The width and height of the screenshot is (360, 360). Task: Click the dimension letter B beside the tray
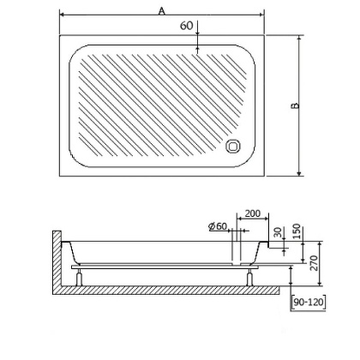294,105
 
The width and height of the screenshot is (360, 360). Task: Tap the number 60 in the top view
186,26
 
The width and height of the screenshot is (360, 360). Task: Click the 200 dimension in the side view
252,212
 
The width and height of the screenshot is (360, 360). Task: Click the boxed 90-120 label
306,303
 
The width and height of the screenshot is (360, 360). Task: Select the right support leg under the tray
249,276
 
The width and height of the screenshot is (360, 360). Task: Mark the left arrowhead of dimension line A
63,16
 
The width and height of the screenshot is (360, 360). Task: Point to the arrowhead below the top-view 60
198,39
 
